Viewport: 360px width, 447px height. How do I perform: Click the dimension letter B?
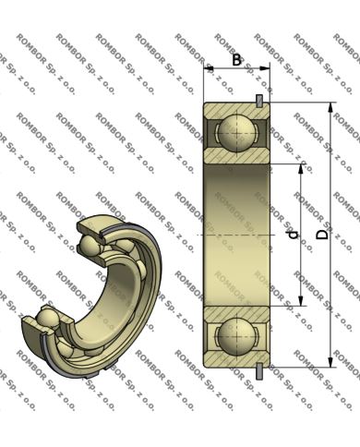point(236,60)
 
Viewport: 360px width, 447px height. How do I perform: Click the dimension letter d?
point(294,235)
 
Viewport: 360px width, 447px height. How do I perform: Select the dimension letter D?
point(322,235)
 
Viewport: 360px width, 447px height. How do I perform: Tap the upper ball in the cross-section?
point(236,133)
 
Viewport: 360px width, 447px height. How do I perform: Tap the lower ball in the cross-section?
point(236,336)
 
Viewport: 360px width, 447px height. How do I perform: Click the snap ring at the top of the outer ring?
point(259,101)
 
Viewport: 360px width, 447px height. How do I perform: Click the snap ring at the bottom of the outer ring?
point(259,370)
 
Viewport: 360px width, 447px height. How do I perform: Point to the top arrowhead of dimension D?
point(330,108)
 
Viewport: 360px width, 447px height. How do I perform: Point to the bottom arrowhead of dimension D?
point(330,362)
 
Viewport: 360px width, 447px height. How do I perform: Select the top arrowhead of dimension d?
point(301,169)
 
